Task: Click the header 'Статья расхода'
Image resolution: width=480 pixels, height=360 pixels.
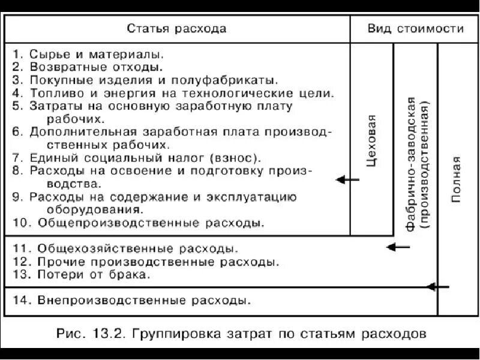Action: coord(176,29)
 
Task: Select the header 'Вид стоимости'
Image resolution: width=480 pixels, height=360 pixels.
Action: coord(415,29)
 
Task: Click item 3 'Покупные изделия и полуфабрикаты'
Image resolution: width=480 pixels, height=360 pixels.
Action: coord(144,80)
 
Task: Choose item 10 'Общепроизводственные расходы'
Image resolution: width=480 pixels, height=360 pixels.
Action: coord(138,223)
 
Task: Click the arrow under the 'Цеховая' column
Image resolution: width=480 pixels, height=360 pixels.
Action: coord(347,179)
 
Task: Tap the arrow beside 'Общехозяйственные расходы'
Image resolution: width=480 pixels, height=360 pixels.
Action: coord(398,247)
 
